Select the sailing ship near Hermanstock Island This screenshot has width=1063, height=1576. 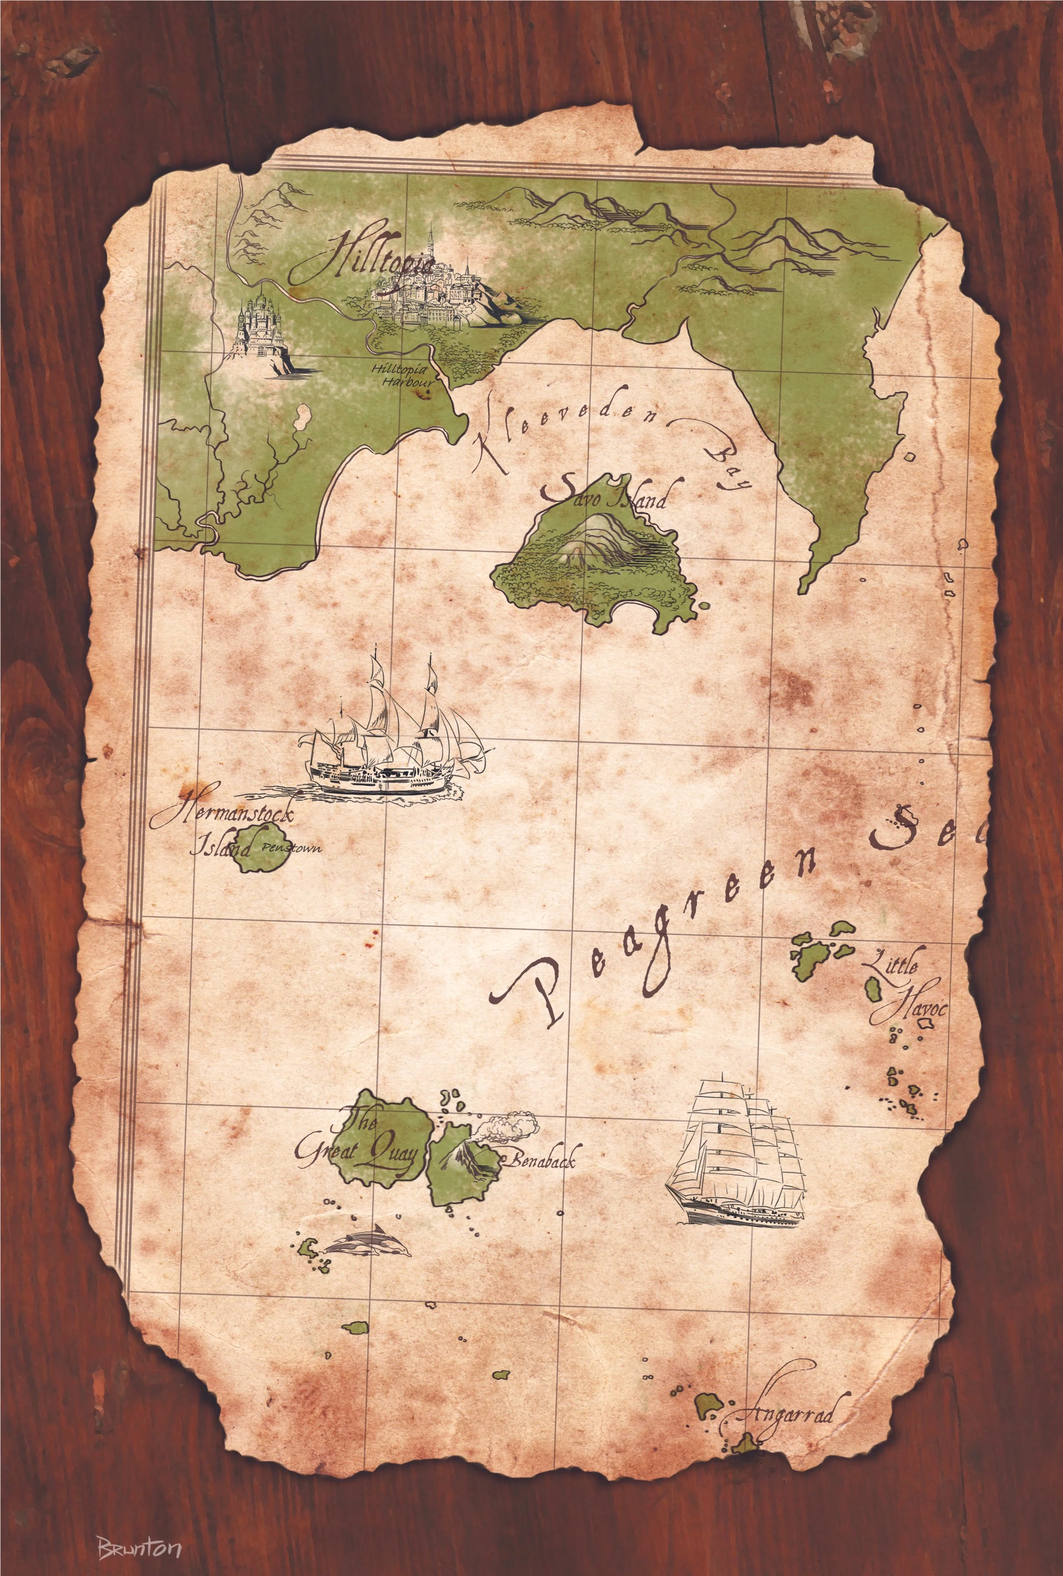393,738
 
